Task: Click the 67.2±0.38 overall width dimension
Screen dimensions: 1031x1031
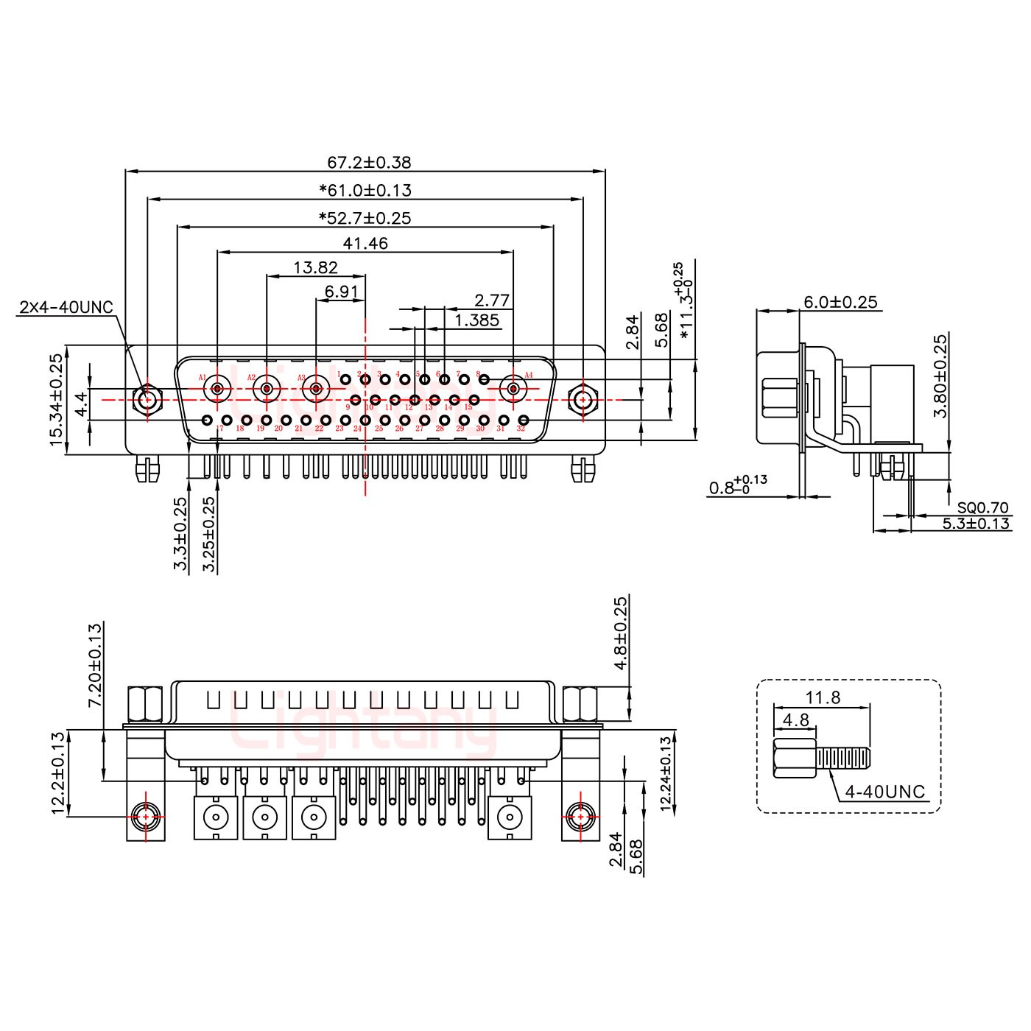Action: (x=368, y=162)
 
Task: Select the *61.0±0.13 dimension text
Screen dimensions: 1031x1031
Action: (x=365, y=190)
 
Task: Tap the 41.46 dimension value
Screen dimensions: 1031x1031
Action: (x=365, y=243)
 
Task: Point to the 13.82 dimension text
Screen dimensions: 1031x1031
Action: (x=315, y=268)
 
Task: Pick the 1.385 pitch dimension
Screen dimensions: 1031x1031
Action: (x=477, y=320)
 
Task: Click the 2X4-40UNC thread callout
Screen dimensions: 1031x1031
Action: (x=66, y=307)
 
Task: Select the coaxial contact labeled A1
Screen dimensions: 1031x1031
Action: (x=218, y=388)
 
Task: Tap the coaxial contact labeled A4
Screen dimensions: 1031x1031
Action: (x=513, y=388)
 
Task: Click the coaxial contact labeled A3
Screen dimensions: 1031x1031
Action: (x=316, y=388)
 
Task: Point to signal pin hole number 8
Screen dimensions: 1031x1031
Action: (x=484, y=379)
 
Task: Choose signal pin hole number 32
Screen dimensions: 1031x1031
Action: (x=523, y=421)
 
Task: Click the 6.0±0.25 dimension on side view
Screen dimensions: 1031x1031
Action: (x=840, y=302)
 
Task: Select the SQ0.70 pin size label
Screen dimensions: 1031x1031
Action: (x=983, y=507)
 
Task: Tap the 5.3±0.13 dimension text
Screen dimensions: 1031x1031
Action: (x=976, y=524)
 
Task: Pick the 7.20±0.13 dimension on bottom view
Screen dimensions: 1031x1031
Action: (x=95, y=665)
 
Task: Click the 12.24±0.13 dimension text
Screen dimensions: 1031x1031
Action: (x=666, y=774)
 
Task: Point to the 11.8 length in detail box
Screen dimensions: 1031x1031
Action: (x=823, y=697)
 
